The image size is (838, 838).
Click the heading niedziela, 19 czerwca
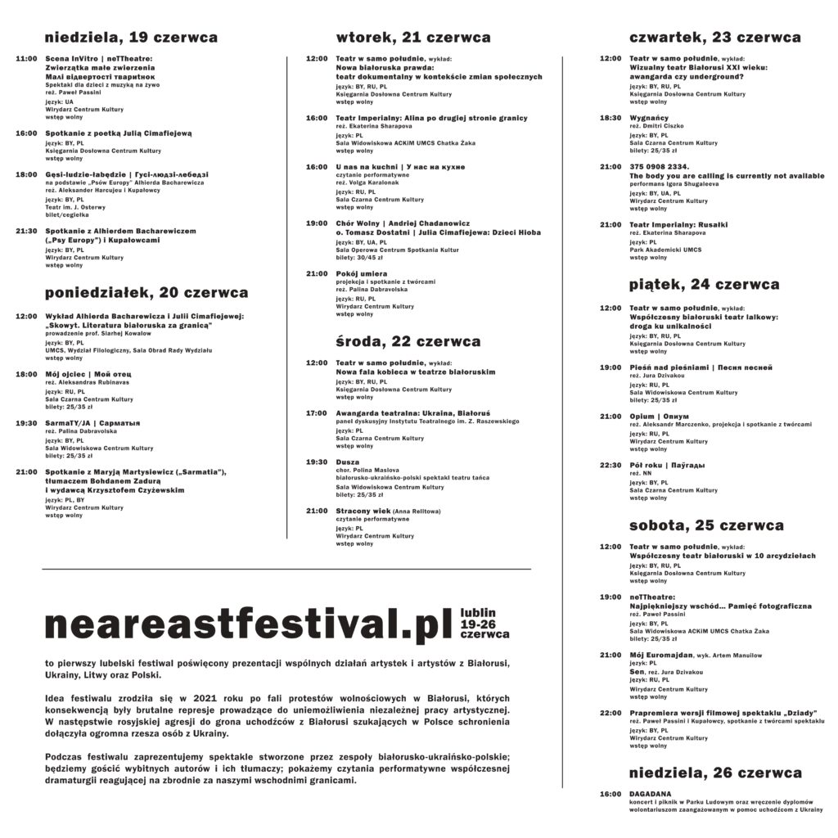(131, 38)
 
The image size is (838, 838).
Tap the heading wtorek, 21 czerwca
(413, 38)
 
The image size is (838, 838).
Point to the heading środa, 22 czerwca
(408, 341)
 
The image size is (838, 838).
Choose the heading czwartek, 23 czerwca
(714, 38)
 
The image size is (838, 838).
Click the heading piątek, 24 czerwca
(704, 285)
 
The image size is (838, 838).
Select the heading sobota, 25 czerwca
(706, 525)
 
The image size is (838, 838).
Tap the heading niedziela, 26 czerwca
(715, 773)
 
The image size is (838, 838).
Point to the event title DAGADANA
(651, 794)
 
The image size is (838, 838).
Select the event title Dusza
(348, 462)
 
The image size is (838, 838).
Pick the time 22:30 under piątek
(610, 466)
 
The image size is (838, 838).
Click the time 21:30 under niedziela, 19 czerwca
(27, 232)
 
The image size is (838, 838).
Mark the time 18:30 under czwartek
(610, 118)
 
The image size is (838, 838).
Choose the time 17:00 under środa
(317, 413)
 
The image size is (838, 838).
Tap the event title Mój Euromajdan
(661, 656)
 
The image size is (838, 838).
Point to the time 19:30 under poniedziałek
(27, 423)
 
